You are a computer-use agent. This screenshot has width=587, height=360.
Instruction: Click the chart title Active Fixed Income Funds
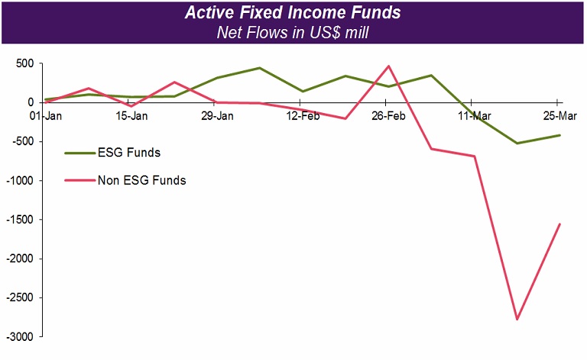293,14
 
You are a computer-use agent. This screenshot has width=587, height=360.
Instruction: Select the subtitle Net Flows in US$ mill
293,32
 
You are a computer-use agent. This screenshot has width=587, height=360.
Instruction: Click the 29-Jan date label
217,116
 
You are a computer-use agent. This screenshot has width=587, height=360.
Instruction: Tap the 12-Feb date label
303,116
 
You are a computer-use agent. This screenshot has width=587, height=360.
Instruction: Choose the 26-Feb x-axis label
388,116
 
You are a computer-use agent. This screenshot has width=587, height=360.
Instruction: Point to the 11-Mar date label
474,116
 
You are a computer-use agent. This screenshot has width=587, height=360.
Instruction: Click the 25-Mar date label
559,116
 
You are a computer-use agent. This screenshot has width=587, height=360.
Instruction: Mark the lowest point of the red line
517,319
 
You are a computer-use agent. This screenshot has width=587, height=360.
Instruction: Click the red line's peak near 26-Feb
388,66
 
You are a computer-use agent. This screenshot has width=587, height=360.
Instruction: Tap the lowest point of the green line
517,143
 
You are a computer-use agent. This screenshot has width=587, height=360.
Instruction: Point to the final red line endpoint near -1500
559,224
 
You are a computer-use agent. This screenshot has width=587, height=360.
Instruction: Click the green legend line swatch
79,152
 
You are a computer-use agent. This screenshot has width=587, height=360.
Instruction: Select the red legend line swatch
79,180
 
